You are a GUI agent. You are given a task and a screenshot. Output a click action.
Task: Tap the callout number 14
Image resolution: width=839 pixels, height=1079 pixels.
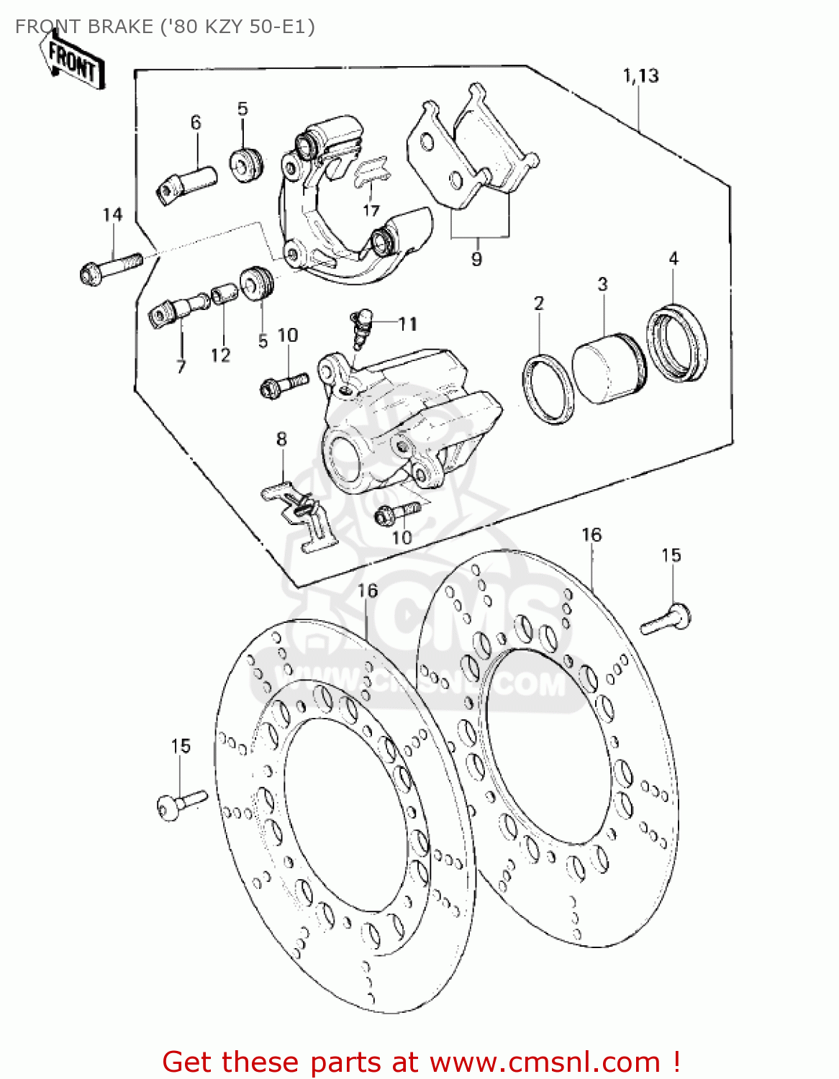[x=112, y=214]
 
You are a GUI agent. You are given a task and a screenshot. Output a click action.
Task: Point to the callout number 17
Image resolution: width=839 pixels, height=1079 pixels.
[x=371, y=210]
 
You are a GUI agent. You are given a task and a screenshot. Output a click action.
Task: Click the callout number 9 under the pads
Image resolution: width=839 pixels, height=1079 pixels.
[x=476, y=259]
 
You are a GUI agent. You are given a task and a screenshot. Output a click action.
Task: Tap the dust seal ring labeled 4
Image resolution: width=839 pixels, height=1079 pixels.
[x=677, y=343]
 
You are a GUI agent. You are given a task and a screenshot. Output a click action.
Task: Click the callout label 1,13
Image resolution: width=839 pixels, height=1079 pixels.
[x=640, y=76]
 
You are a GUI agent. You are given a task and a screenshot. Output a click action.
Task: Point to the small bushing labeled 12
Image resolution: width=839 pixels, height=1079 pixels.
[x=224, y=295]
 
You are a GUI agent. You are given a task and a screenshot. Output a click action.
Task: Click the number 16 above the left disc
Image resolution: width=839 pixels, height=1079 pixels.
[x=367, y=591]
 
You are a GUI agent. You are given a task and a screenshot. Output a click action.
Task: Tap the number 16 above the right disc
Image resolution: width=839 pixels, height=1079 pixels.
[x=591, y=535]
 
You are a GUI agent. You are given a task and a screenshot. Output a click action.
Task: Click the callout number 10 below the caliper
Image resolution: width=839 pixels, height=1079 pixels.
[x=402, y=537]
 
